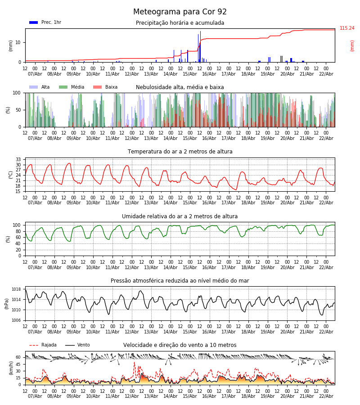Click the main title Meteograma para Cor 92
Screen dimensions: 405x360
point(180,12)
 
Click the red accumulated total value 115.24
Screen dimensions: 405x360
point(347,28)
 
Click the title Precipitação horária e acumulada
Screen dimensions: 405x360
point(180,23)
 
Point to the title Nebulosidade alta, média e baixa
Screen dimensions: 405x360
point(180,87)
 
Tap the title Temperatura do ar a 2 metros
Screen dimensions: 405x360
point(180,152)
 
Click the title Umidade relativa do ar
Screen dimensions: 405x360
point(180,216)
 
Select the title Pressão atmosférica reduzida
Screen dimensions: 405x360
point(180,281)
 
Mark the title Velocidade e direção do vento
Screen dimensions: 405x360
point(180,345)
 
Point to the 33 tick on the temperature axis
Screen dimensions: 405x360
point(18,160)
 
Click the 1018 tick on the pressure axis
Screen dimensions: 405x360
point(16,289)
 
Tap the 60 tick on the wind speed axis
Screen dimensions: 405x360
point(18,357)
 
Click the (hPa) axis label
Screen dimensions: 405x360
point(7,303)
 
